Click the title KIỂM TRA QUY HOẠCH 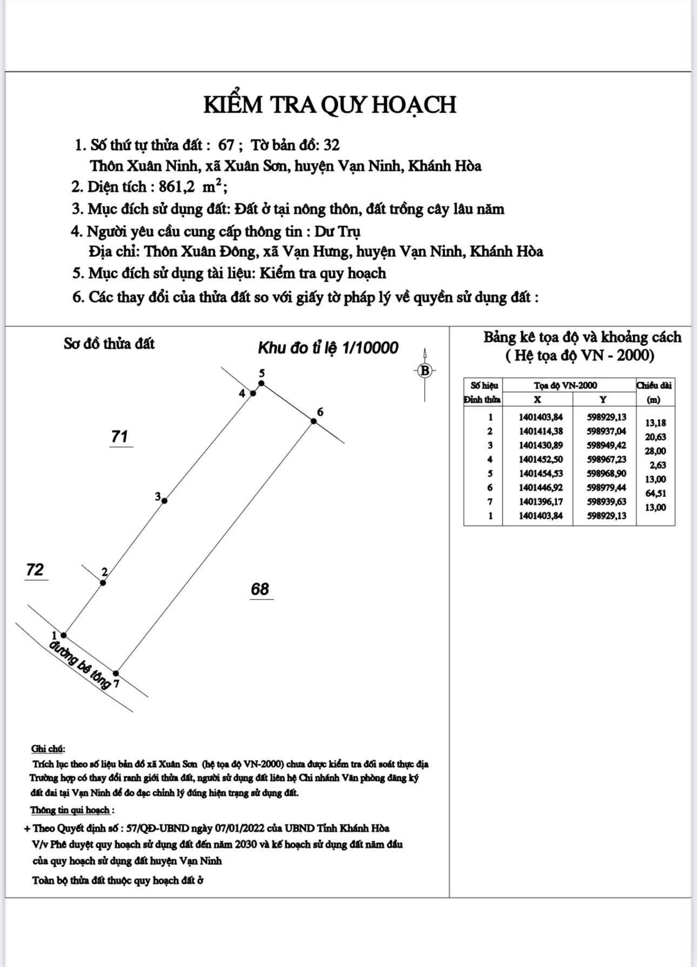click(x=330, y=104)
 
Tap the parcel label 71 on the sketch click(x=119, y=436)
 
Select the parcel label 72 click(x=35, y=570)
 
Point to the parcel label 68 click(x=260, y=589)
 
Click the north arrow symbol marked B click(x=425, y=371)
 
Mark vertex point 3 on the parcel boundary click(x=164, y=501)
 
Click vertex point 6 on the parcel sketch click(x=313, y=421)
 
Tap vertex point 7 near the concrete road click(x=116, y=673)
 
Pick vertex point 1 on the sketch click(x=64, y=635)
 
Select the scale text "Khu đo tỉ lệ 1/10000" click(x=328, y=348)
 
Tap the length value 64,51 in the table click(x=655, y=493)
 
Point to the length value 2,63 click(x=658, y=465)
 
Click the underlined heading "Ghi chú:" click(x=48, y=749)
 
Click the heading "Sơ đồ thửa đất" click(x=109, y=344)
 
